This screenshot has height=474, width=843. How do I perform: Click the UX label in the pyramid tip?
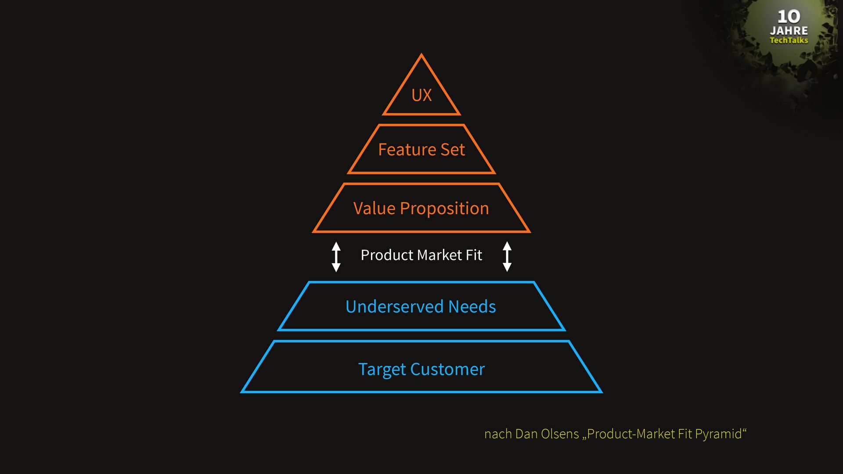(421, 95)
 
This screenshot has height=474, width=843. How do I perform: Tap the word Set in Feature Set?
(453, 150)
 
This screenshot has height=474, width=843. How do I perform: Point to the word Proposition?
(444, 209)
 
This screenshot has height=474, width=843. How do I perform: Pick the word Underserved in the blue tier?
(394, 306)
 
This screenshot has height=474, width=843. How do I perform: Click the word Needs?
(472, 306)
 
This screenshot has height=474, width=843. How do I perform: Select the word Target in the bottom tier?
(382, 370)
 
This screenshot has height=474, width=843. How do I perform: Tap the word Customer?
(447, 369)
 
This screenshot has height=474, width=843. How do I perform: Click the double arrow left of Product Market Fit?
(336, 256)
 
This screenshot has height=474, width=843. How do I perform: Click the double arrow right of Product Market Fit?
(507, 256)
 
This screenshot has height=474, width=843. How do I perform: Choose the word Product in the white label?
(387, 255)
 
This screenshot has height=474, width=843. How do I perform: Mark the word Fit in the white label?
(474, 255)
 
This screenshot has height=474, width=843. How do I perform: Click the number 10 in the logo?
(789, 17)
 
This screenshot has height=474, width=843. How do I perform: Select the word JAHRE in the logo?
(789, 31)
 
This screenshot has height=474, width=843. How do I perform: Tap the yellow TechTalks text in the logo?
(789, 40)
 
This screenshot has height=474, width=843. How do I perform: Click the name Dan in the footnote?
(526, 434)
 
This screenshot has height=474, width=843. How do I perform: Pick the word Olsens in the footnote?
(560, 434)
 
